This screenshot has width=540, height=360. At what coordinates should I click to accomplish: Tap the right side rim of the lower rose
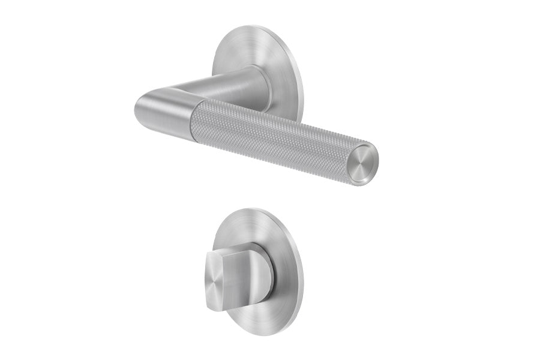302,264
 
